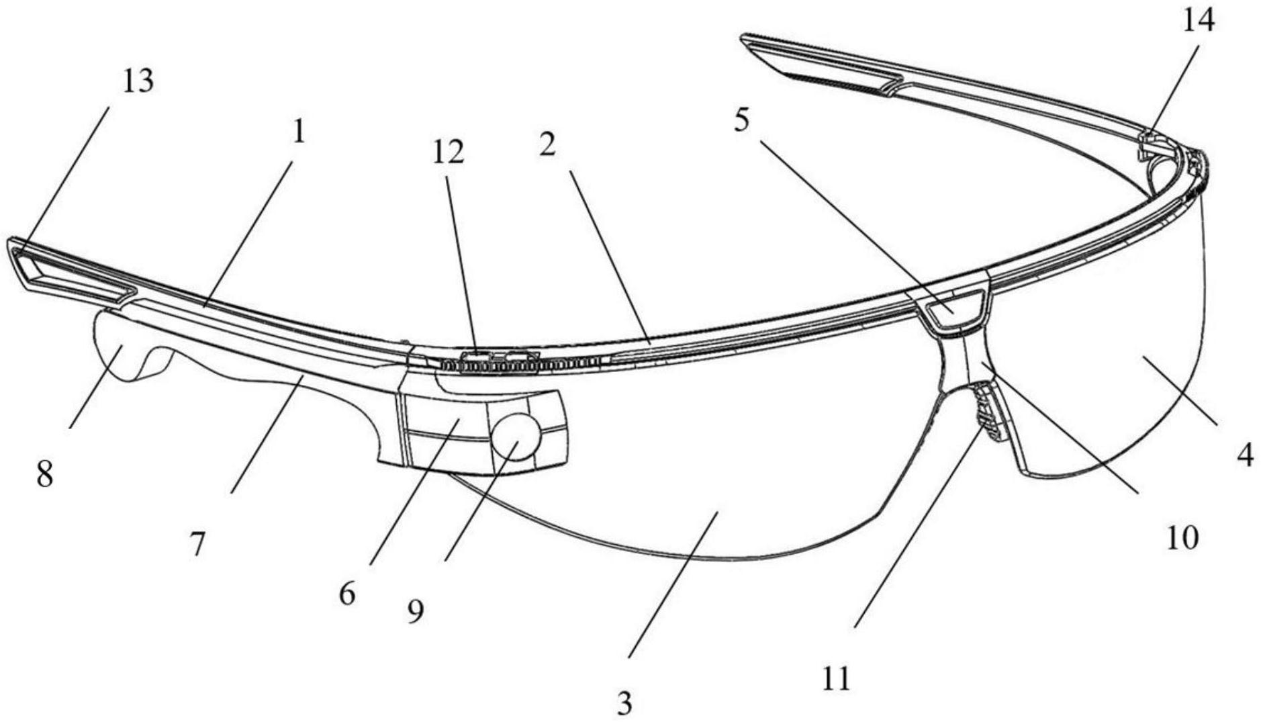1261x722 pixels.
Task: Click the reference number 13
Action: coord(138,81)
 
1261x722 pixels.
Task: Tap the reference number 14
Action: coord(1198,21)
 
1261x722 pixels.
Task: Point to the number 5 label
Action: coord(741,120)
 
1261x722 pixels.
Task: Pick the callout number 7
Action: coord(196,545)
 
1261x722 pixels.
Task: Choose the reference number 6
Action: coord(347,594)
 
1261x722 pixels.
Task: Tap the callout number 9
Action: coord(416,611)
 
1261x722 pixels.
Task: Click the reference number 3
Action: coord(624,703)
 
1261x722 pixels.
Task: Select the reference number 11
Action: coord(836,679)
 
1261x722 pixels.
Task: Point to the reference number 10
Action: coord(1182,538)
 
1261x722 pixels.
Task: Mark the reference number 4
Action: coord(1245,456)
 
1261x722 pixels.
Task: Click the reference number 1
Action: coord(298,132)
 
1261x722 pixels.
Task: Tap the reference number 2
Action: coord(547,144)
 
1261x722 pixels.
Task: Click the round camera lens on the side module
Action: coord(516,435)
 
